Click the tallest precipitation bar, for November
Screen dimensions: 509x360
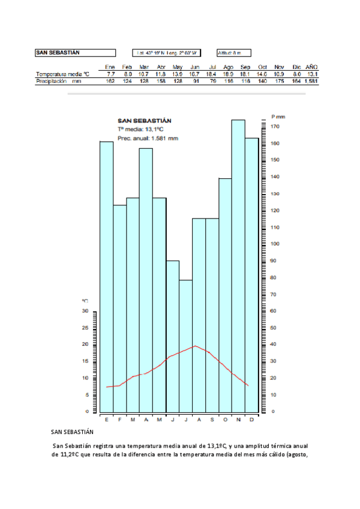click(x=238, y=264)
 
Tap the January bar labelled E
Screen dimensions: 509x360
click(x=106, y=276)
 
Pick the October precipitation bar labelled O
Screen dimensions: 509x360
click(x=225, y=294)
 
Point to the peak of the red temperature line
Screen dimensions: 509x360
click(x=194, y=346)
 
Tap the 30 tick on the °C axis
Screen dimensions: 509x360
click(x=85, y=311)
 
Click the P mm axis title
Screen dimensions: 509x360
click(x=278, y=116)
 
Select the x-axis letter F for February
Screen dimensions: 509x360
click(x=119, y=419)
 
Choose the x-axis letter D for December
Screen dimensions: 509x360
click(x=251, y=419)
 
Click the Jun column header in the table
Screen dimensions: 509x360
click(x=194, y=67)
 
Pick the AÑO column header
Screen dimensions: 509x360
click(x=311, y=67)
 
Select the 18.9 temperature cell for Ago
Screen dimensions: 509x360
click(x=228, y=74)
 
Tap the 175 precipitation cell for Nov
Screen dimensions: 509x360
click(x=279, y=80)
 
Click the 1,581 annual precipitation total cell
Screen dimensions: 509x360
click(x=311, y=80)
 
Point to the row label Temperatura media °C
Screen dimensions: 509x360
click(x=62, y=74)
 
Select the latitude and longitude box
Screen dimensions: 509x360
click(x=167, y=53)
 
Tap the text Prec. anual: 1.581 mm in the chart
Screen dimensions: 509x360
click(x=148, y=138)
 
